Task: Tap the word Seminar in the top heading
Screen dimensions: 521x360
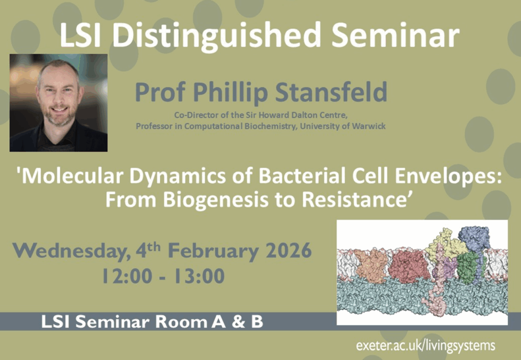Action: tap(395, 35)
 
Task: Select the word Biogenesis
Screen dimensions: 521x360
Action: tap(216, 200)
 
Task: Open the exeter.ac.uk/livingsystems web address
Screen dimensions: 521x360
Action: tap(426, 346)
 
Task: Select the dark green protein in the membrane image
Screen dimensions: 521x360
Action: tap(468, 268)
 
